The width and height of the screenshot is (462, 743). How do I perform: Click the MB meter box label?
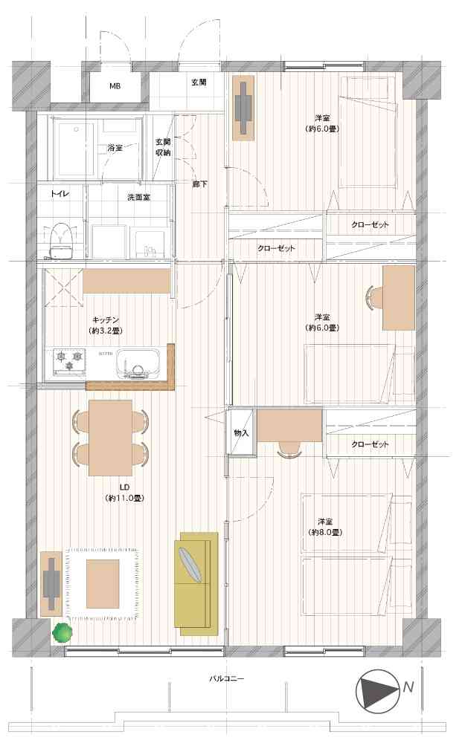(x=115, y=86)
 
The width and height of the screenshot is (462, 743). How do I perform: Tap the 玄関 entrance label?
(x=199, y=82)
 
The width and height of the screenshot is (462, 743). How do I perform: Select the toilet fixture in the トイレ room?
(x=60, y=241)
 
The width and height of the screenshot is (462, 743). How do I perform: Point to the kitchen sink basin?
(x=138, y=363)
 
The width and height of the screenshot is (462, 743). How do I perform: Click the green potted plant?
(x=62, y=632)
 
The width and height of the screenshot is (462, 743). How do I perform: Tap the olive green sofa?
(x=196, y=583)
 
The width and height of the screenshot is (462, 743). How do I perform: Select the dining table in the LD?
(x=111, y=438)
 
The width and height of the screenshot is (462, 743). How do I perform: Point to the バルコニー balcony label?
(x=227, y=678)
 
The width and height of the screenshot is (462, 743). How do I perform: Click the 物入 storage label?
(x=242, y=432)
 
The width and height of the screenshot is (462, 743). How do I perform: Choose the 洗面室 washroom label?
(x=138, y=197)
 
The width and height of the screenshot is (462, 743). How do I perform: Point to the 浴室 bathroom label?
(x=115, y=148)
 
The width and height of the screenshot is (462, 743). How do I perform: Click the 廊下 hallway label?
(x=199, y=184)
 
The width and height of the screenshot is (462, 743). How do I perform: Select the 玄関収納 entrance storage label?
(x=163, y=147)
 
